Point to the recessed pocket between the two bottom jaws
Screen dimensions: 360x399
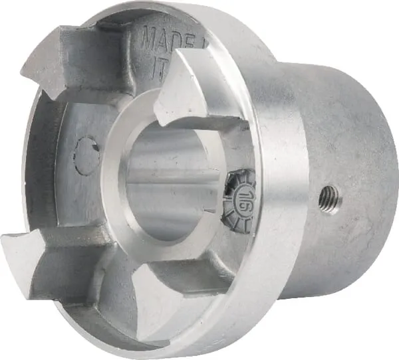pos(100,292)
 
